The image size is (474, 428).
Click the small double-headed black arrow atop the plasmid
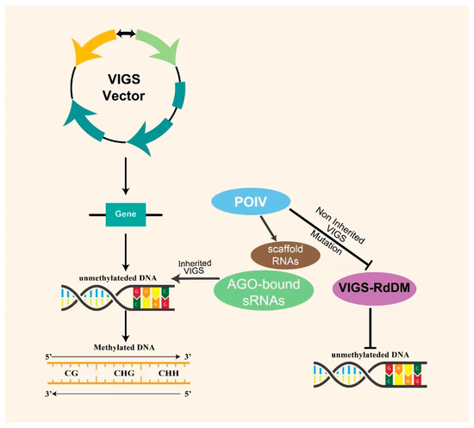tap(126, 33)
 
